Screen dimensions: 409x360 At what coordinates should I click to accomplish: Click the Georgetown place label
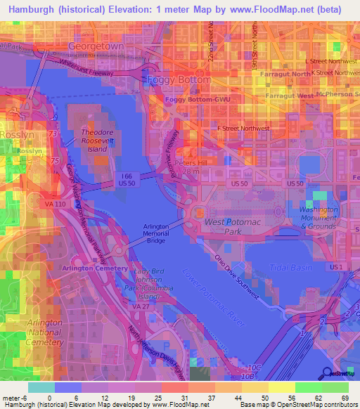tap(96, 46)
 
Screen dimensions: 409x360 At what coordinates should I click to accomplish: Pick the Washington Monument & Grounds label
tap(318, 218)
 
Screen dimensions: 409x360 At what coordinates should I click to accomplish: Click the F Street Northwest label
tap(243, 129)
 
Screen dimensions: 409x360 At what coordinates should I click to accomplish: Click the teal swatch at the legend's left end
tap(41, 387)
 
